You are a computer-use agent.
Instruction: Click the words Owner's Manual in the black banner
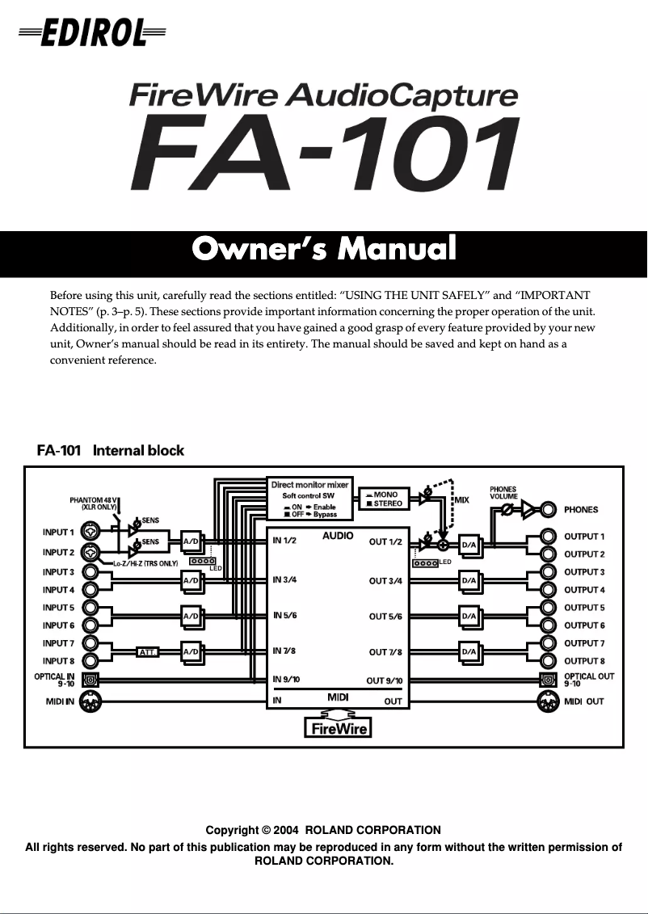pos(323,249)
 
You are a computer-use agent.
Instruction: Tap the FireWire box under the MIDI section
pos(338,728)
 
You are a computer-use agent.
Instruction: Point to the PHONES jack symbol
pos(549,510)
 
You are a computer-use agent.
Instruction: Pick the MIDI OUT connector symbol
pos(549,701)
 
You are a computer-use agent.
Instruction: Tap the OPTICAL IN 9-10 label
pos(54,680)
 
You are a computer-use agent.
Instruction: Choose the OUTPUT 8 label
pos(584,661)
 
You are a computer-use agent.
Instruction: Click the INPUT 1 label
pos(58,533)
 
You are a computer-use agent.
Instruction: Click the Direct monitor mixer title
pos(310,485)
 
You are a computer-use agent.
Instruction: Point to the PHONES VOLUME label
pos(503,493)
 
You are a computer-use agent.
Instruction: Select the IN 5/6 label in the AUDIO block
pos(286,616)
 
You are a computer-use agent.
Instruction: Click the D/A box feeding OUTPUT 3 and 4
pos(469,580)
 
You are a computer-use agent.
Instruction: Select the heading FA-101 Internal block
pos(111,450)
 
